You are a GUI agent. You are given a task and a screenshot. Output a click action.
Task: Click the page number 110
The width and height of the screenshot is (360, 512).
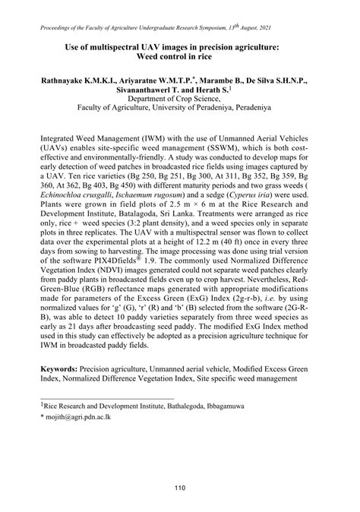pos(180,466)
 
